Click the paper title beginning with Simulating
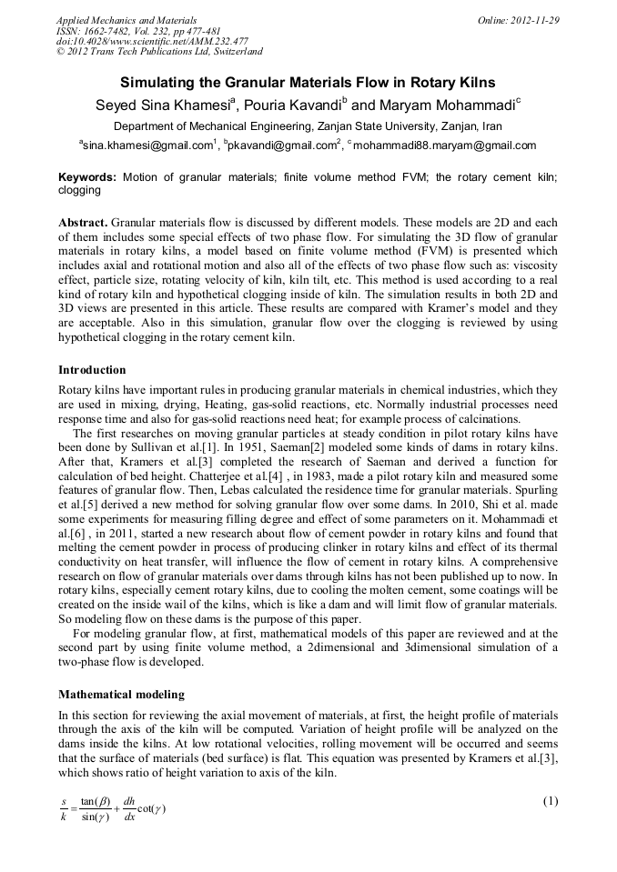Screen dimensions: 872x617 point(308,82)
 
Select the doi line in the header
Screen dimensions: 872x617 point(152,42)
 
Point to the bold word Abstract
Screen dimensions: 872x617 point(84,223)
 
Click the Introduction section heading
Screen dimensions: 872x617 point(92,370)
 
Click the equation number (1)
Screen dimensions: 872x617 point(550,801)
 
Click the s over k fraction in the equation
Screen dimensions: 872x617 point(66,807)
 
